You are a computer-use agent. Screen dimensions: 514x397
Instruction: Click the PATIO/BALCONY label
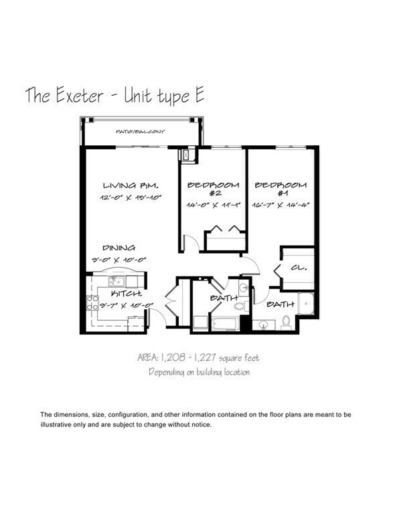point(140,132)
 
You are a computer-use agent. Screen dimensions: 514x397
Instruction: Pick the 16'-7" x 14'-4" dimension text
point(280,205)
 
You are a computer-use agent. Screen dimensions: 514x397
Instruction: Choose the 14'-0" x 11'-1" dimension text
point(212,205)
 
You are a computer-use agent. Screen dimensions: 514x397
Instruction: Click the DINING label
point(118,247)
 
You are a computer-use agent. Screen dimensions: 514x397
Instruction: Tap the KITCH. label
point(126,294)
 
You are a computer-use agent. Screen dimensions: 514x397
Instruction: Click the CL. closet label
point(299,268)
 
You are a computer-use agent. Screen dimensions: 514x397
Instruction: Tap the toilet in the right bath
point(287,323)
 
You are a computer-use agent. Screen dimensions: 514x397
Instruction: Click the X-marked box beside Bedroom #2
point(186,155)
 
